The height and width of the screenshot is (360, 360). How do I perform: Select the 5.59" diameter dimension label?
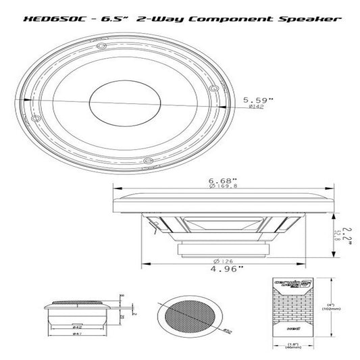[x=259, y=100]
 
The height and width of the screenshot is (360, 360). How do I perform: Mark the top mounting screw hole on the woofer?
[x=100, y=45]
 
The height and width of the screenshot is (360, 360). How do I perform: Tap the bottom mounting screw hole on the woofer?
[x=147, y=159]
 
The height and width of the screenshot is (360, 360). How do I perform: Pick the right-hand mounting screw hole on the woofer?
[x=214, y=86]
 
